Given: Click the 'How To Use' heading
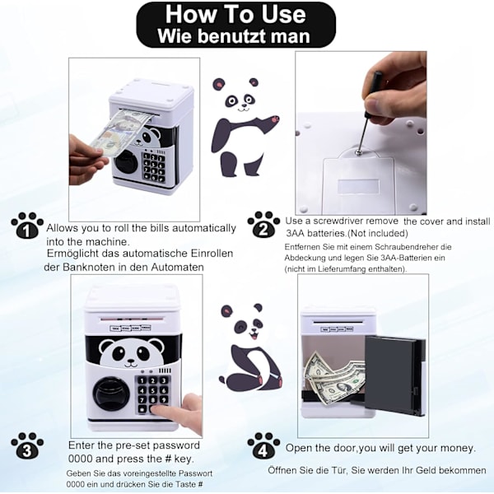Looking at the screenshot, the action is coord(235,15).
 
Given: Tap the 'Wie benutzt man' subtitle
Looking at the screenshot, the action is coord(234,36).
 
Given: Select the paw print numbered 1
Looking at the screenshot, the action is coord(27,226).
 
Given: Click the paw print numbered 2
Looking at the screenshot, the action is coord(263,224).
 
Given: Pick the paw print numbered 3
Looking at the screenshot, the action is coord(27,445).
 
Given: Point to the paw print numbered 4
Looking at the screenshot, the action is coord(263,445).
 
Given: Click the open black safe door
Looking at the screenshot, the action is coord(395,375).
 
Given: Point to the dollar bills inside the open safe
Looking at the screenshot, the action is coord(334,377).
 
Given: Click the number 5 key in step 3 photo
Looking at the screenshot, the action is coord(153,390).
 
